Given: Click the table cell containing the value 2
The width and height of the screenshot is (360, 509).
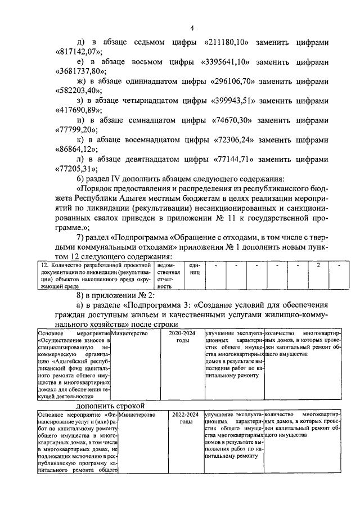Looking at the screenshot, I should tap(319, 264).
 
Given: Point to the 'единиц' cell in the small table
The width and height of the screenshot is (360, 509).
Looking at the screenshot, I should tap(194, 268).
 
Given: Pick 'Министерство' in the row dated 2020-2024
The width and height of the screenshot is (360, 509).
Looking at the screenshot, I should tap(129, 334).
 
